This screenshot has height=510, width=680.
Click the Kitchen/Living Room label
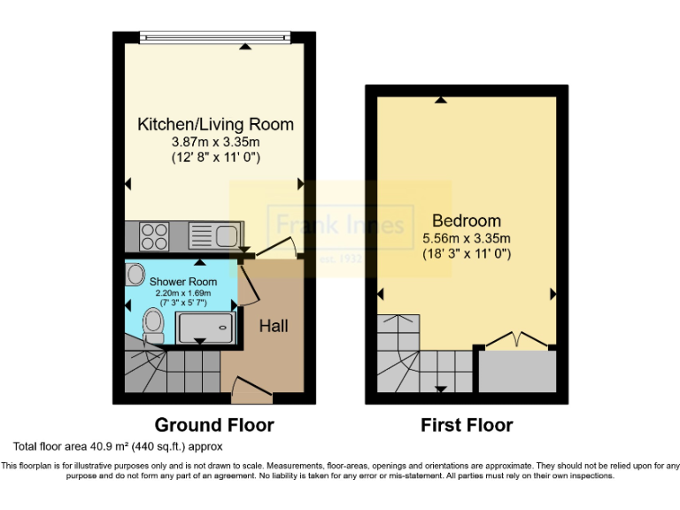pos(215,124)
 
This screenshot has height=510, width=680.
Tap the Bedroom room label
pos(467,220)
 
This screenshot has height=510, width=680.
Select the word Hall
pos(273,326)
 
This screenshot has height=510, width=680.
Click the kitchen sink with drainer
pos(212,236)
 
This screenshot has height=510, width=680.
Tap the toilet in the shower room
pos(153,324)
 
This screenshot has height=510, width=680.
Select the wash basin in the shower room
pos(135,274)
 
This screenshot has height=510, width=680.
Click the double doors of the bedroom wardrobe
pos(516,340)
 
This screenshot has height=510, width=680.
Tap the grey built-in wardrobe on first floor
pos(518,372)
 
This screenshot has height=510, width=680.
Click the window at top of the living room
pos(215,36)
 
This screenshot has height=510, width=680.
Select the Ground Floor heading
pos(214,425)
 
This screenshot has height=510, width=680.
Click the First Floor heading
pos(467,425)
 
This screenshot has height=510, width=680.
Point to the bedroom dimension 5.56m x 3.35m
pos(467,238)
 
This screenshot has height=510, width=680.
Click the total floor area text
pos(117,446)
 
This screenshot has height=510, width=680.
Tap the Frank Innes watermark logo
pos(341,226)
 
